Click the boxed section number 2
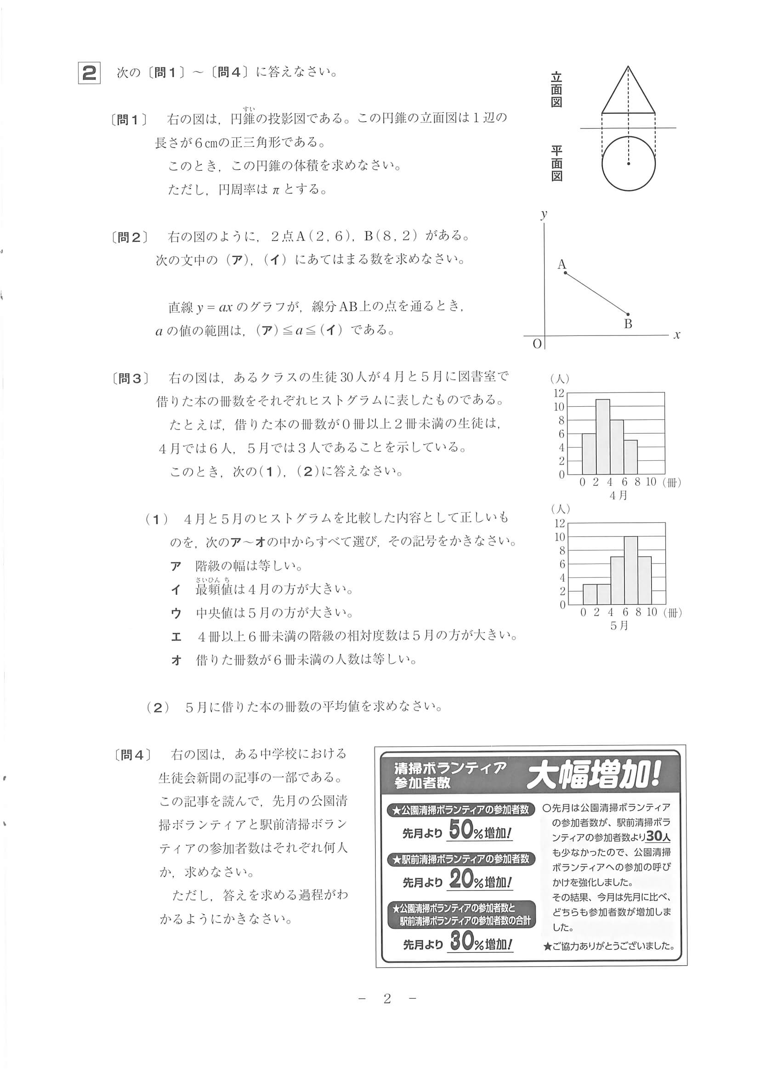pos(89,74)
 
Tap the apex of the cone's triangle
pos(628,67)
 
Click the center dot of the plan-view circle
pos(629,164)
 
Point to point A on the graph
pos(565,272)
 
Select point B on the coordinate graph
pos(628,314)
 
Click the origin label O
pos(537,344)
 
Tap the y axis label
pos(544,214)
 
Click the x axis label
pos(677,335)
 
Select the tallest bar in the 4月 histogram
pos(603,436)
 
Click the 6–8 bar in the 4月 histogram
pos(630,457)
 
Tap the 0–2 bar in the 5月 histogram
pos(590,594)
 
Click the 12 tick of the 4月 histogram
pos(559,393)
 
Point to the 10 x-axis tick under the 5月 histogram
pos(652,612)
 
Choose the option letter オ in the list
pos(176,660)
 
